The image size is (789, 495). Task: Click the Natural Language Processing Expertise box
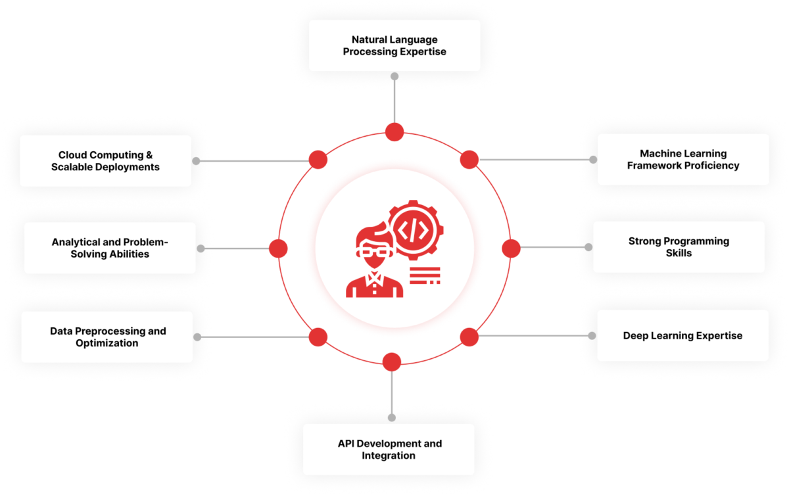click(x=394, y=45)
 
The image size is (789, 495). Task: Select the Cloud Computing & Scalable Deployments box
click(x=105, y=161)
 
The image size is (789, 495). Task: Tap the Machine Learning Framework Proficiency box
click(x=683, y=159)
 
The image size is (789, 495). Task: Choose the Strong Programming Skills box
click(x=679, y=247)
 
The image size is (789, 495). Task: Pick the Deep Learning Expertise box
click(x=682, y=335)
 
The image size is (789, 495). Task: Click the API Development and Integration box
click(x=389, y=449)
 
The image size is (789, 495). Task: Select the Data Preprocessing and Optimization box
click(x=107, y=337)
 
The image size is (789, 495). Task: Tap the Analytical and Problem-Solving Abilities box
click(x=110, y=248)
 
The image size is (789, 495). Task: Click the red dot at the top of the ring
click(x=394, y=131)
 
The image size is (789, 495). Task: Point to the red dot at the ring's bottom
click(x=392, y=362)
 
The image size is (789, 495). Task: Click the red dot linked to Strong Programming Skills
click(x=511, y=248)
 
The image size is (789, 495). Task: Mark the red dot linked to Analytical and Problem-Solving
click(x=278, y=248)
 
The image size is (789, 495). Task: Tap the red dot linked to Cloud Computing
click(x=318, y=159)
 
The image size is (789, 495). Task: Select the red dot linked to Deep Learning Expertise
click(x=469, y=337)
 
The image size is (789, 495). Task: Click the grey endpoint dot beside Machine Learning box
click(x=593, y=160)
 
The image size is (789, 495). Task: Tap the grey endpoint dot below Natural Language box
click(x=394, y=76)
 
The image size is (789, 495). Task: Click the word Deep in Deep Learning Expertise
click(x=636, y=336)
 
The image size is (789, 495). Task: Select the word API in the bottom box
click(x=347, y=444)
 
